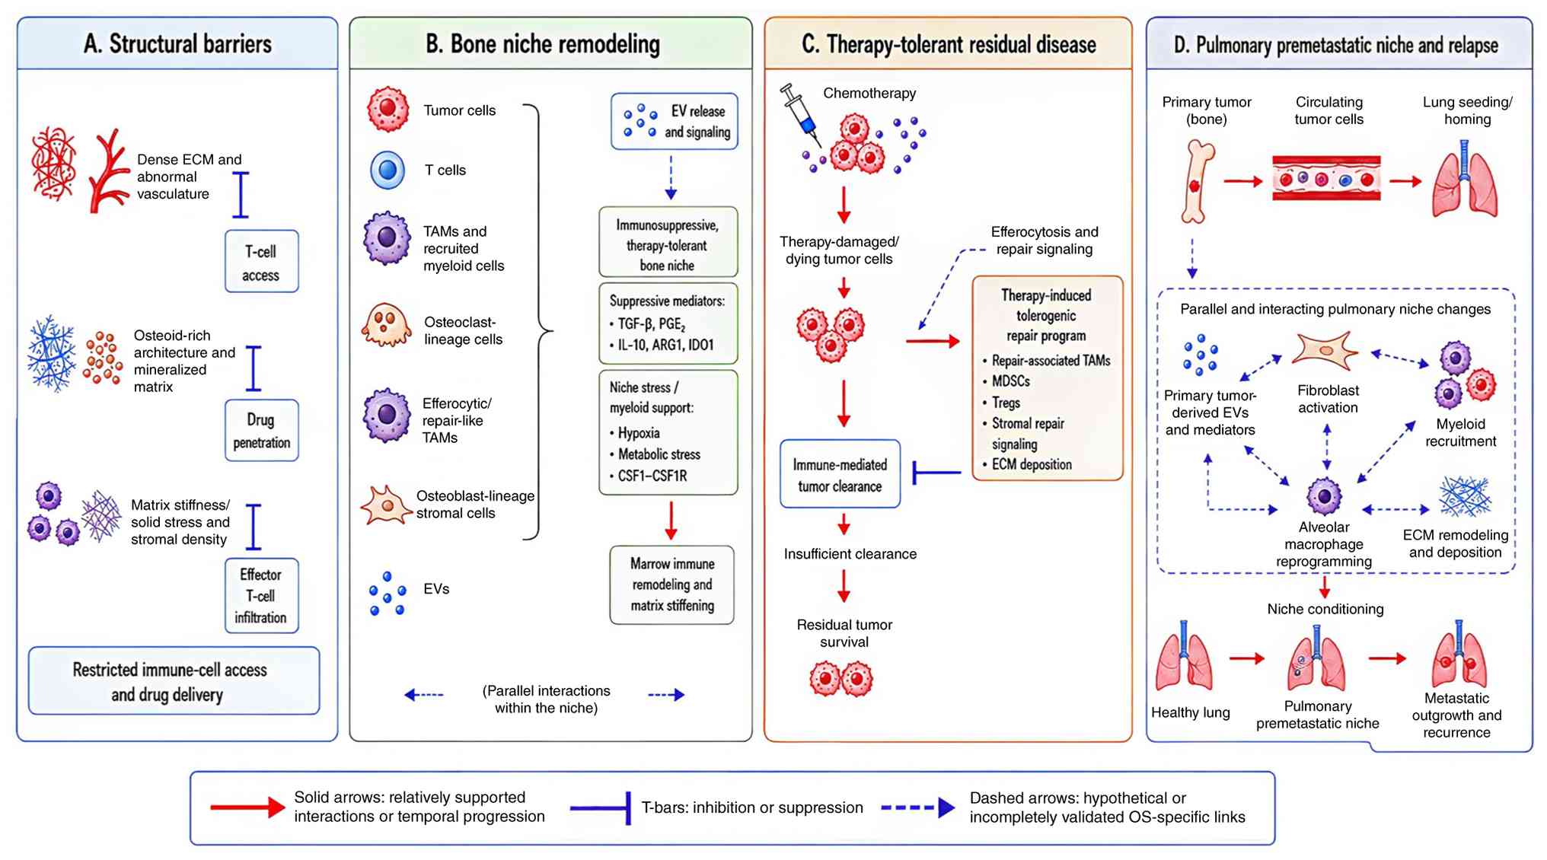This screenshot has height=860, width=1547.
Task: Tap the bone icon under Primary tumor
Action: [1198, 181]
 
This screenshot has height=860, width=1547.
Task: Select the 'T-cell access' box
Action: [261, 261]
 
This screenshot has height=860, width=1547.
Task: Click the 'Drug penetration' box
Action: [261, 430]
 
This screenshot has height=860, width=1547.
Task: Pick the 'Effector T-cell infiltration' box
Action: [261, 596]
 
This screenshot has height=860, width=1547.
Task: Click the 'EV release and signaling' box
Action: [674, 121]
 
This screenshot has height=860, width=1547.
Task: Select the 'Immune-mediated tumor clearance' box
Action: [840, 473]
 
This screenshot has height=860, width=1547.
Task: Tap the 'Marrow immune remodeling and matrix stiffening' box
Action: [671, 584]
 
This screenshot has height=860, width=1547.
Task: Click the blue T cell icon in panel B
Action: [388, 170]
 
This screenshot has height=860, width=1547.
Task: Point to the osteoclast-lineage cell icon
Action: [386, 325]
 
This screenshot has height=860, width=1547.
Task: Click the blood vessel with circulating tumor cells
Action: [1326, 179]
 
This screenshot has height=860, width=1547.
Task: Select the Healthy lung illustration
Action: [1184, 655]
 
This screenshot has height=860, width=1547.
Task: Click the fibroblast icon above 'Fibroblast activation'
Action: [1325, 351]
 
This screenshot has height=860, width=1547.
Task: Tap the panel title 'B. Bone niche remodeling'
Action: [543, 44]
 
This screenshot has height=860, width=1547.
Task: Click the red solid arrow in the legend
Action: [247, 807]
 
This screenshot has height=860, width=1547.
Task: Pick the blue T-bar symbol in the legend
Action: [601, 807]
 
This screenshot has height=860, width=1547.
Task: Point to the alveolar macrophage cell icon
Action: [1324, 496]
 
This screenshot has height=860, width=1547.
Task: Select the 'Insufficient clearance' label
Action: [850, 554]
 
